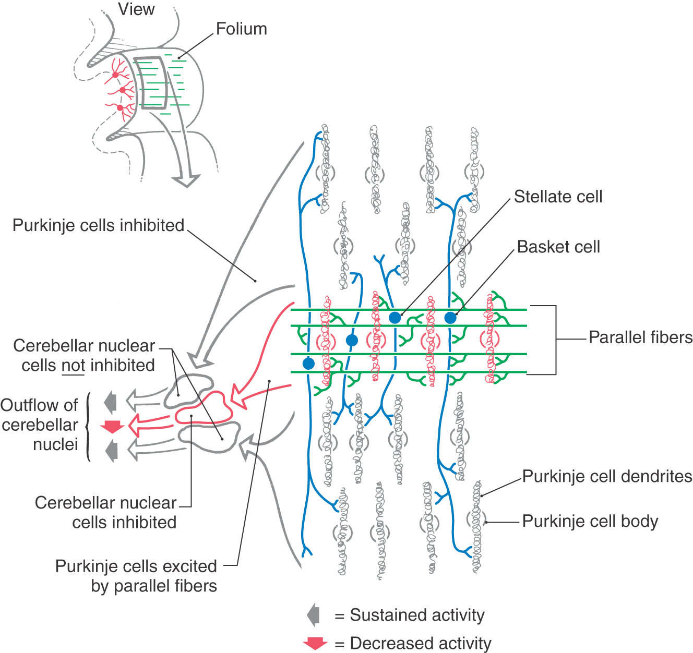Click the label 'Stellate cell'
558,197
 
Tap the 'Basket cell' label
558,247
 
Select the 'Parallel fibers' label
640,337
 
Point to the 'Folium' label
241,29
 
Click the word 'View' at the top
136,9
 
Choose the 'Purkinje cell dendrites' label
607,476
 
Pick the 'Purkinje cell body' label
590,521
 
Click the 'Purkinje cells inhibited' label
98,225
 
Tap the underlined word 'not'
73,366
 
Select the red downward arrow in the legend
315,643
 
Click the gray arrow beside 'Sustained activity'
314,615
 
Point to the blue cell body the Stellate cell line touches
395,317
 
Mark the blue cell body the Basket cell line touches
450,317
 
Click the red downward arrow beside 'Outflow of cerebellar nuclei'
112,426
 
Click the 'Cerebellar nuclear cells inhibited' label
106,512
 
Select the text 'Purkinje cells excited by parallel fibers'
136,576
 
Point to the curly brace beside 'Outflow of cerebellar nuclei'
88,427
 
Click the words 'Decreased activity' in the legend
420,643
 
